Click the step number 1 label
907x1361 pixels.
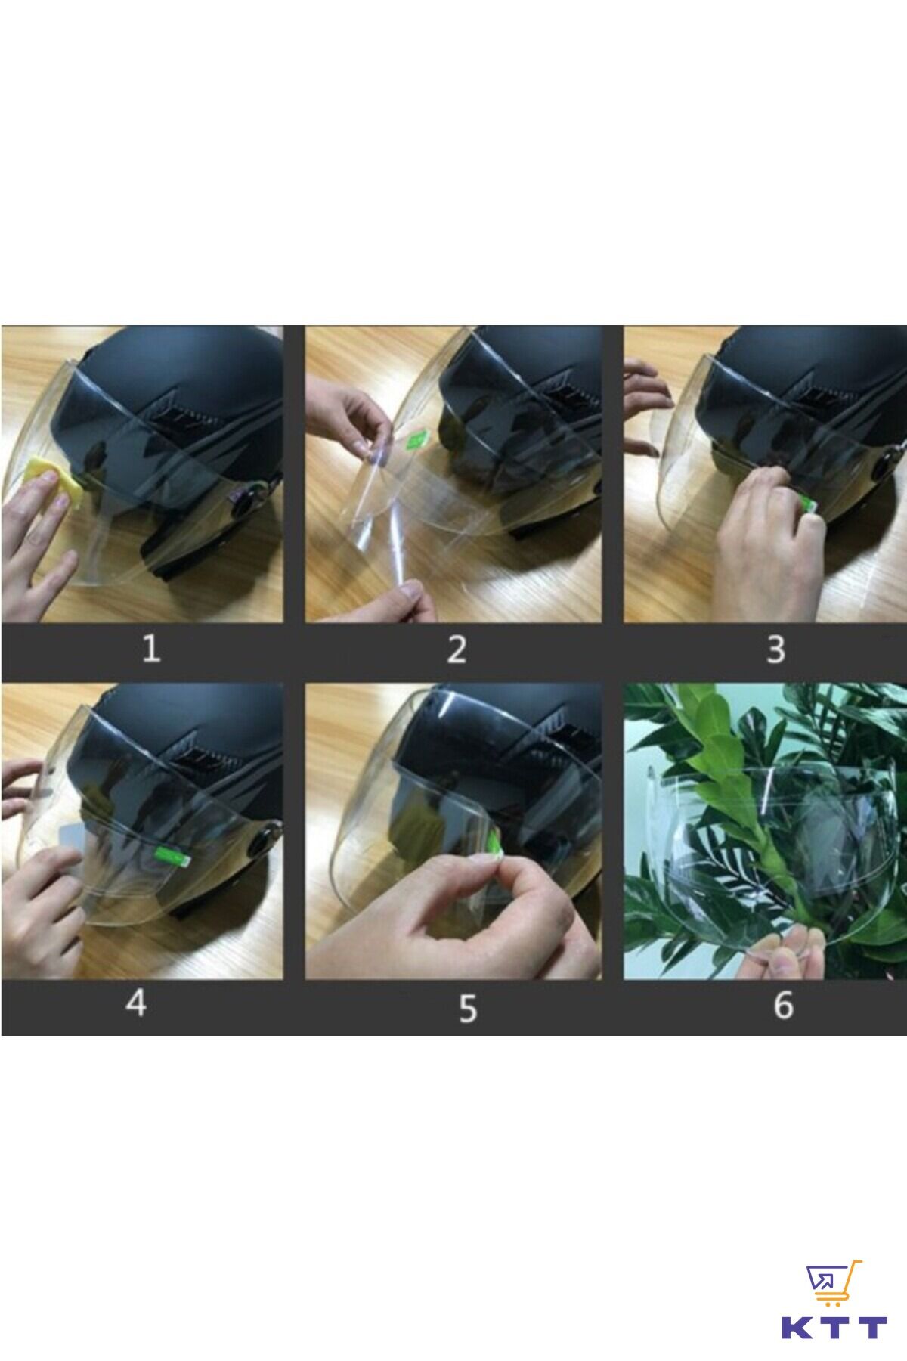coord(152,649)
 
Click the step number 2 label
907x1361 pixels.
coord(456,649)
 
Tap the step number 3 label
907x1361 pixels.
coord(775,649)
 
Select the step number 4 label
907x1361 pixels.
coord(136,1003)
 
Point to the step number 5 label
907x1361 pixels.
coord(468,1007)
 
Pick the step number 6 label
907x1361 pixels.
coord(783,1004)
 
